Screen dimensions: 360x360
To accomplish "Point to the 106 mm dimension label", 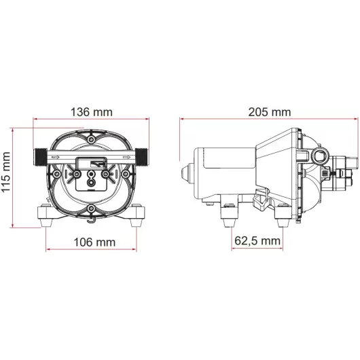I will [94, 242].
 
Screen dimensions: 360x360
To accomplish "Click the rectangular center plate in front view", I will [90, 178].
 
